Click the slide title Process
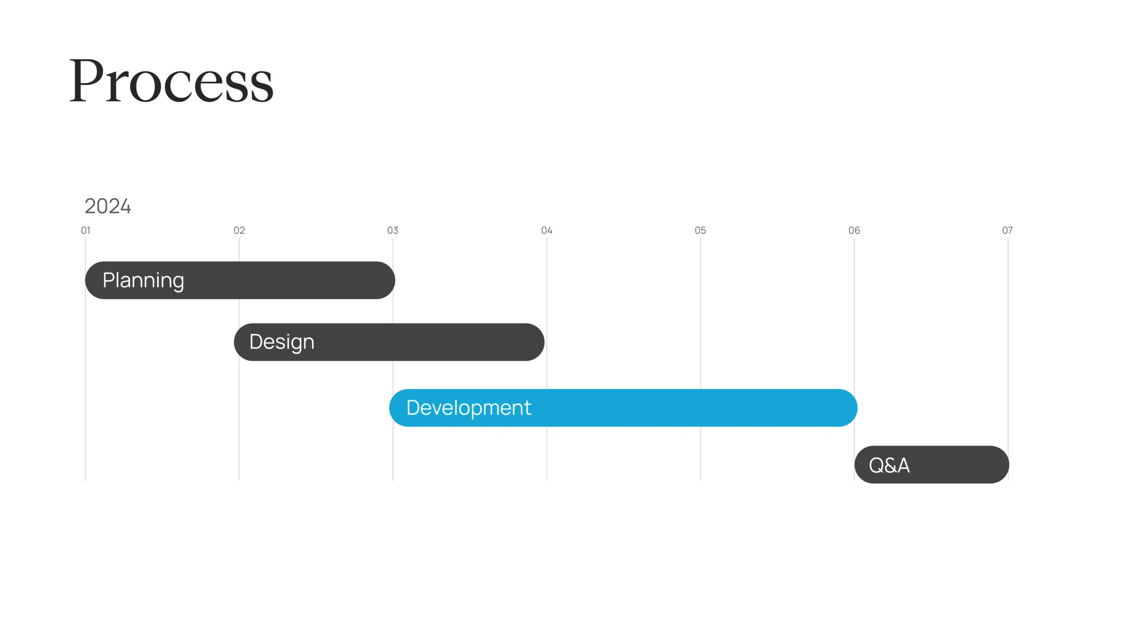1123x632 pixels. tap(172, 81)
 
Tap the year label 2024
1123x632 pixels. tap(107, 206)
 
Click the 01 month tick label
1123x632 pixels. tap(86, 230)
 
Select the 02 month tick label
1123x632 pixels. tap(239, 230)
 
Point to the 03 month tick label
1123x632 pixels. tap(393, 230)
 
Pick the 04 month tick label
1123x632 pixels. tap(547, 230)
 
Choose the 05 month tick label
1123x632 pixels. tap(700, 230)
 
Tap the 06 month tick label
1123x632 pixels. tap(854, 230)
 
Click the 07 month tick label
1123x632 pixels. tap(1007, 230)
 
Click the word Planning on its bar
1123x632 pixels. tap(143, 281)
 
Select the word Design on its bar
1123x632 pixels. tap(282, 342)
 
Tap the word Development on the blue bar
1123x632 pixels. tap(469, 408)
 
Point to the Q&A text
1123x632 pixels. tap(889, 465)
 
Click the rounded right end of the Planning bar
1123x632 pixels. tap(395, 280)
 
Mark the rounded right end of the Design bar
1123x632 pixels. tap(544, 342)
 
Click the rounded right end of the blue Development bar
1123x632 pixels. tap(857, 408)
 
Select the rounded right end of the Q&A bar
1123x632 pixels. tap(1009, 465)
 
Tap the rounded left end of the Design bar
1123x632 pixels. tap(234, 342)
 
